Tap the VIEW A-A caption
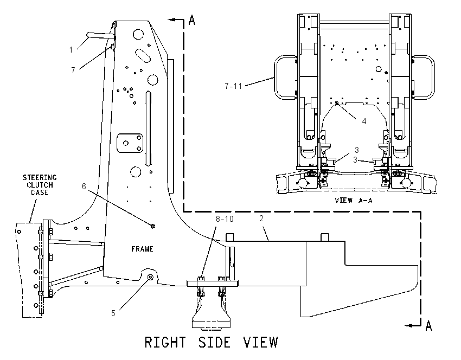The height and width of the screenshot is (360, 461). click(354, 201)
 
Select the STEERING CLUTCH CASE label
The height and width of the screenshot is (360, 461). click(40, 185)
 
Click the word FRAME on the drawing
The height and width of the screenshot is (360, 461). click(142, 249)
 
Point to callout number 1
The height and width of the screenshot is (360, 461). click(71, 50)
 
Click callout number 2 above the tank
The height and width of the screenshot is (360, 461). click(261, 218)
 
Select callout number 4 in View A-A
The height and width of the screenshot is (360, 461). click(364, 121)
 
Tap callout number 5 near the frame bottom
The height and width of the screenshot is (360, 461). click(113, 313)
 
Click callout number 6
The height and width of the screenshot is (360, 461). click(84, 187)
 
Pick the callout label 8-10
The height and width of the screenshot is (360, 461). click(225, 219)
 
